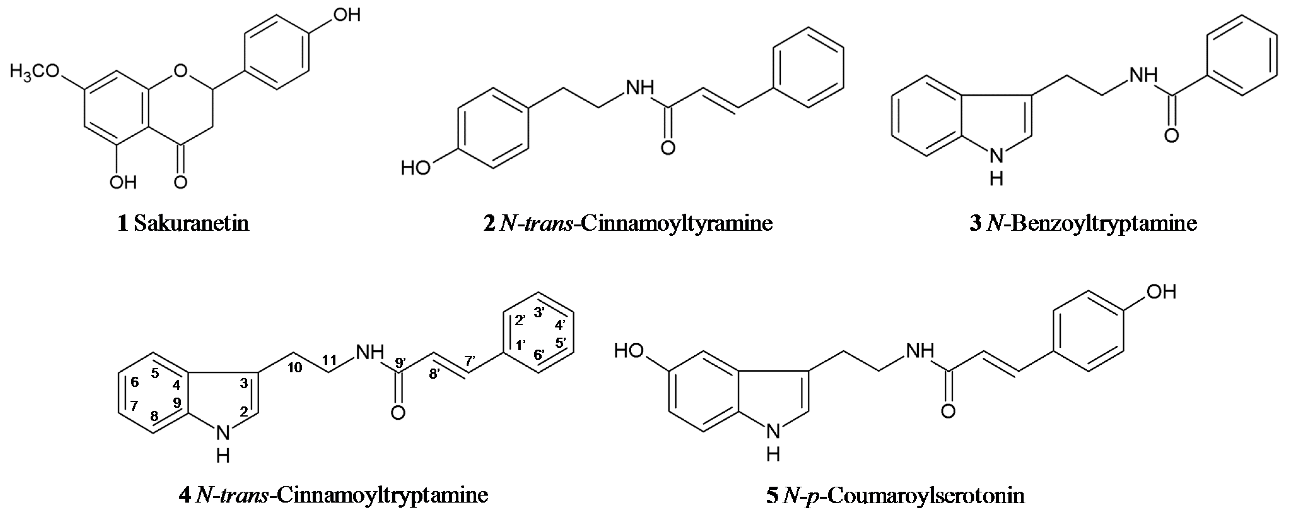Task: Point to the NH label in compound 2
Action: pos(640,88)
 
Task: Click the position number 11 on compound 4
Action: pos(330,360)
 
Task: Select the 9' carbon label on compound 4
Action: pos(400,363)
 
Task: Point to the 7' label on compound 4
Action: pos(470,360)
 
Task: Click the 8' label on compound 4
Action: pos(434,374)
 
